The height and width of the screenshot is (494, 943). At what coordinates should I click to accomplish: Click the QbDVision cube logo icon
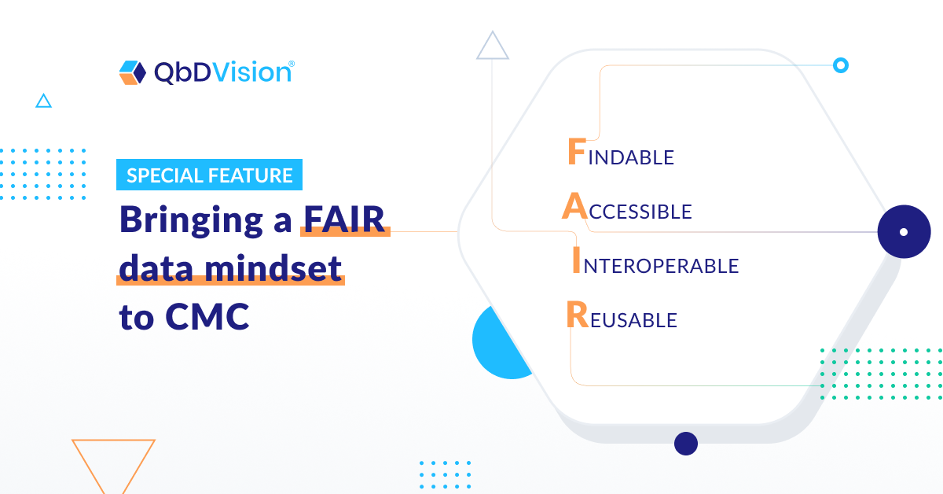coord(133,72)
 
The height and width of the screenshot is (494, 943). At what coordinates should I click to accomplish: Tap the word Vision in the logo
coord(251,72)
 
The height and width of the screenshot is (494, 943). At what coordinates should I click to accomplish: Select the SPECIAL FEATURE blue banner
coord(209,175)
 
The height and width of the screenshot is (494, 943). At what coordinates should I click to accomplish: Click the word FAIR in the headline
coord(344,219)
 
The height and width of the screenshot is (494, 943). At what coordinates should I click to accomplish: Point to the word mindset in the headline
coord(273,268)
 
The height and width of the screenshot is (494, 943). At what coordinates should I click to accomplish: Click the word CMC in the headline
coord(207,316)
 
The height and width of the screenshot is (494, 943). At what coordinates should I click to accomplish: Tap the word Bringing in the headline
coord(192,220)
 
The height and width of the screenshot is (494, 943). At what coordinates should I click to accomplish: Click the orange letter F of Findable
coord(577,151)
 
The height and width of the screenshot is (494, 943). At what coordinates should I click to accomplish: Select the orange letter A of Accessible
coord(574,206)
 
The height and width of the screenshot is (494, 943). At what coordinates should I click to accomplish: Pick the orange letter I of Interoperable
coord(576,260)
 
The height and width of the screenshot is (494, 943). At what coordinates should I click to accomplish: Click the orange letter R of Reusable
coord(577,315)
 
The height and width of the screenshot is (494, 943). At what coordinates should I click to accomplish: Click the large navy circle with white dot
coord(904,232)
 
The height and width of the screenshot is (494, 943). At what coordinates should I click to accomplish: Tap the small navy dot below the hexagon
coord(686,444)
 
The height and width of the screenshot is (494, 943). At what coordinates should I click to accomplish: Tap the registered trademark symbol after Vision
coord(292,64)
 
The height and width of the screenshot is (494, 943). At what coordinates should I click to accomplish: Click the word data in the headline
coord(156,268)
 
